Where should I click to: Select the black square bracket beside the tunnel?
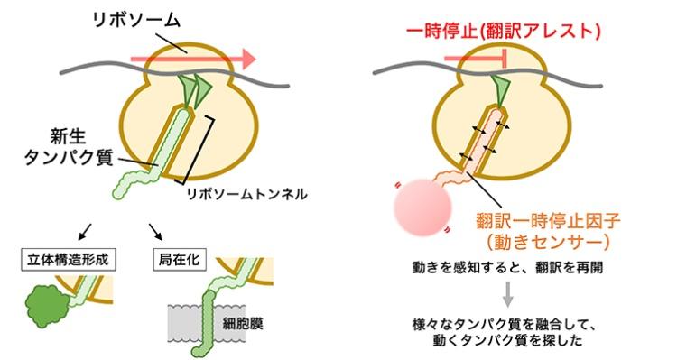(213, 149)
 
